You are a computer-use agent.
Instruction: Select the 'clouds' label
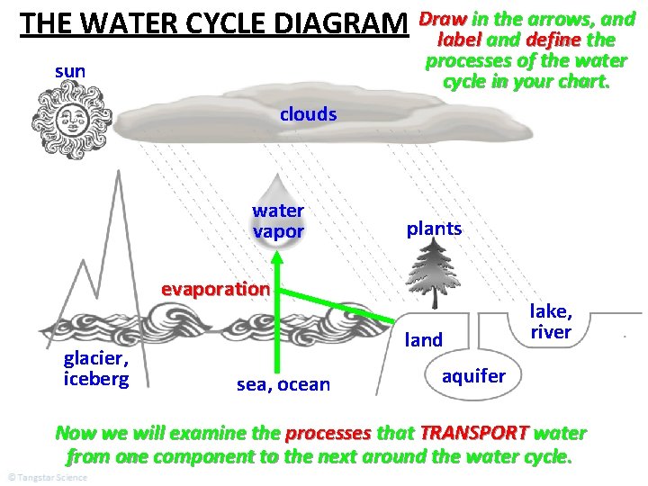click(x=308, y=114)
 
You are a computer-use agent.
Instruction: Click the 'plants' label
click(x=434, y=229)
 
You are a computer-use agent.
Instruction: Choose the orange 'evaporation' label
click(x=215, y=289)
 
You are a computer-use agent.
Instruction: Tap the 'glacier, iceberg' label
click(x=96, y=368)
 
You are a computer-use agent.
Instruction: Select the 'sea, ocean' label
click(x=283, y=385)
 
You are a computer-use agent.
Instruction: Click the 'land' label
click(x=424, y=340)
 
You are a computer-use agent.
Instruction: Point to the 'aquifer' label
click(x=473, y=375)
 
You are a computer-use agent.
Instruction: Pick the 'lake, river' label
click(x=551, y=321)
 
